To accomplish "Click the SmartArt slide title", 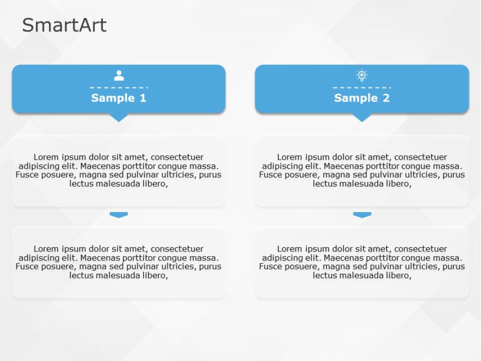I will [64, 25].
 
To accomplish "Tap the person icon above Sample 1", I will [119, 76].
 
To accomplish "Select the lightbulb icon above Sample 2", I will [362, 75].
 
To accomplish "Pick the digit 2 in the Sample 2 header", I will [385, 98].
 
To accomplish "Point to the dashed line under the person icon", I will [119, 87].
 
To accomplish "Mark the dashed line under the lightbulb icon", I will [362, 87].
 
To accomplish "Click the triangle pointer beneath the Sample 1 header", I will [119, 117].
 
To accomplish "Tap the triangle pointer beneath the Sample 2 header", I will [362, 117].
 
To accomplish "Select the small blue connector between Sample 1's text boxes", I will [119, 215].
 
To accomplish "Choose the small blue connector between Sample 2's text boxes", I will [362, 215].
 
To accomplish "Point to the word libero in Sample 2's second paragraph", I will [398, 275].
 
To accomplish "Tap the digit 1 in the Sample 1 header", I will [142, 98].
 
